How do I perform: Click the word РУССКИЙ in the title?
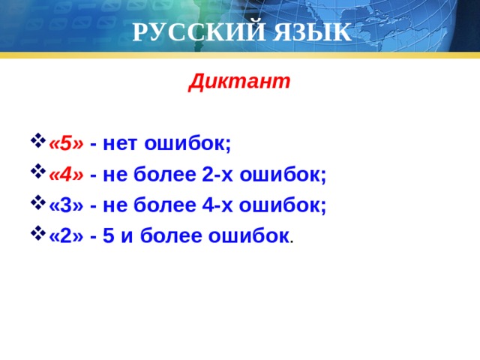click(185, 33)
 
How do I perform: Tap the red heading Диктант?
click(239, 80)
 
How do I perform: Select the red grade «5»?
click(66, 142)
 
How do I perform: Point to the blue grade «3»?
click(66, 205)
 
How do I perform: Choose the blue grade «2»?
click(66, 235)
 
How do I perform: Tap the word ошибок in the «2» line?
click(250, 235)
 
